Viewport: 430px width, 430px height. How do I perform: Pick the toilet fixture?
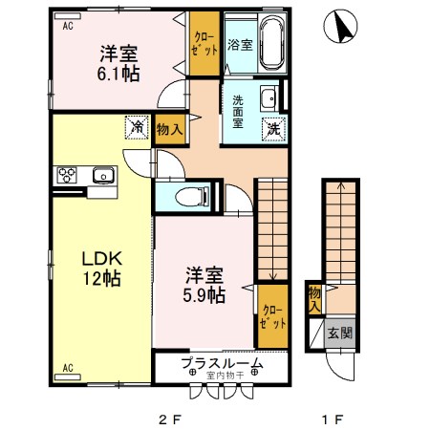click(194, 198)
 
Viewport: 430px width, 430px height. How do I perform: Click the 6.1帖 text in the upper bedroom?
click(118, 72)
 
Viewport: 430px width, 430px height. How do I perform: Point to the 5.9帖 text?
click(205, 295)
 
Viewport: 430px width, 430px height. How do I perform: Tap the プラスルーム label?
click(221, 364)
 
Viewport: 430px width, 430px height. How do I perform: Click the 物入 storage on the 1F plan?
click(314, 299)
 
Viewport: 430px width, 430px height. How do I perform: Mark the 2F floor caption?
click(169, 418)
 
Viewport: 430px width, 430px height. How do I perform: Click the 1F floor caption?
click(332, 418)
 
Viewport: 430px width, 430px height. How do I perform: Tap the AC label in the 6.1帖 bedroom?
click(68, 27)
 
